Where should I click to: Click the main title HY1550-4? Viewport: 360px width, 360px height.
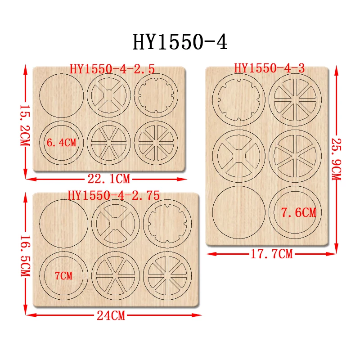(x=180, y=42)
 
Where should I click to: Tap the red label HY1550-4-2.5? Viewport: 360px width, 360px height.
(x=112, y=69)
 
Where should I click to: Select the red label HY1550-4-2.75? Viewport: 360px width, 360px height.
(x=114, y=196)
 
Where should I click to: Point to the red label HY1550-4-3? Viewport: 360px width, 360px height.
(x=269, y=68)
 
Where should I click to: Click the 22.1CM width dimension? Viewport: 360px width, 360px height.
(x=108, y=179)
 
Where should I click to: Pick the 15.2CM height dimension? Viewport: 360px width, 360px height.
(x=25, y=126)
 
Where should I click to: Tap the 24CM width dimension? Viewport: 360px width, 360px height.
(x=111, y=315)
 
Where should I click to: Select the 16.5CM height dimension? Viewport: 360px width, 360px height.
(x=25, y=256)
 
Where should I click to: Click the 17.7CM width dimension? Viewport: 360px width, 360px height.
(x=272, y=254)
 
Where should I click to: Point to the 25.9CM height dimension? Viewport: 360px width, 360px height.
(x=336, y=159)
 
